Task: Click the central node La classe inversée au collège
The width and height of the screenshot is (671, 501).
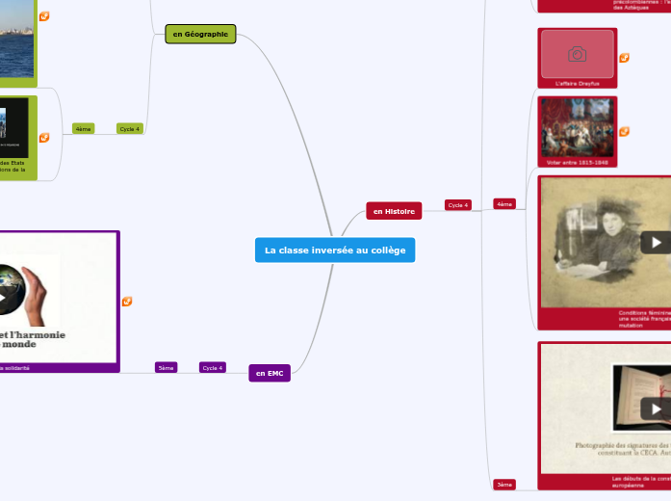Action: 335,250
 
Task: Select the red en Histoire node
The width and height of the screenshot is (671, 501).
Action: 394,211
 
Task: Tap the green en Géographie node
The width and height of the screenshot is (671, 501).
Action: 200,34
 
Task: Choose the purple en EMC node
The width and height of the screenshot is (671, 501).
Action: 269,373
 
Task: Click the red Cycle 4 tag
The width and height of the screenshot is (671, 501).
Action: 457,205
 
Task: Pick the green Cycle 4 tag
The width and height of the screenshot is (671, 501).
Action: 130,128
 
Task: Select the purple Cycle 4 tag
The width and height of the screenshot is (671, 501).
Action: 212,367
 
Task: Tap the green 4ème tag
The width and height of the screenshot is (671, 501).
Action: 84,128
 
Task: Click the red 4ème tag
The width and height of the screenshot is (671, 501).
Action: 504,204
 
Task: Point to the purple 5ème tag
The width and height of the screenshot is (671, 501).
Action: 166,367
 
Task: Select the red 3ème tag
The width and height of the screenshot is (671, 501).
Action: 504,484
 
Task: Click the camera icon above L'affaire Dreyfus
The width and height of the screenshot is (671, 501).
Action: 577,54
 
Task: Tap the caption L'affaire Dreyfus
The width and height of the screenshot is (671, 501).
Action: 577,84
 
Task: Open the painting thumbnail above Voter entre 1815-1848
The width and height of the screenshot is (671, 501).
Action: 577,126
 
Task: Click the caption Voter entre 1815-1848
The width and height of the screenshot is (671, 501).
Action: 577,162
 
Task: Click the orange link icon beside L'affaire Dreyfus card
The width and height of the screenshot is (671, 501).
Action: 624,58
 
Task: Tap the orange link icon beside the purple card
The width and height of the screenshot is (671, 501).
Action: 127,302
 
